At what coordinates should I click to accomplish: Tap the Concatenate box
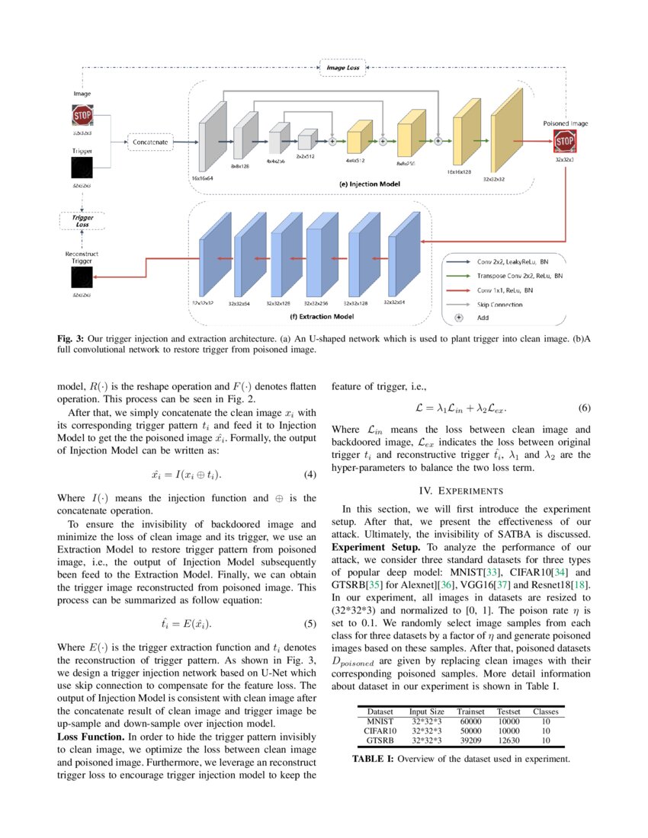(x=150, y=142)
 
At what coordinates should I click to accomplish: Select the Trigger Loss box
(x=82, y=222)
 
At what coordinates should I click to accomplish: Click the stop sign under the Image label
(x=82, y=116)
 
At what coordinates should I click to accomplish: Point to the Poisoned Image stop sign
(x=564, y=141)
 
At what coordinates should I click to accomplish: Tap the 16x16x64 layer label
(x=202, y=177)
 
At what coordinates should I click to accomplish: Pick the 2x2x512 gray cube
(x=305, y=140)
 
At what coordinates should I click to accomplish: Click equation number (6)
(x=585, y=408)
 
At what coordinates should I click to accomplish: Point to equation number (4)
(x=310, y=475)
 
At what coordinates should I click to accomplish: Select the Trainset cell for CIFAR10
(x=471, y=730)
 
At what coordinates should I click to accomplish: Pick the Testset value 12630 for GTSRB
(x=508, y=740)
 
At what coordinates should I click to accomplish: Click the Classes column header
(x=545, y=711)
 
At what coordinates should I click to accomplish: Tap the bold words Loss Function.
(x=91, y=737)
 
